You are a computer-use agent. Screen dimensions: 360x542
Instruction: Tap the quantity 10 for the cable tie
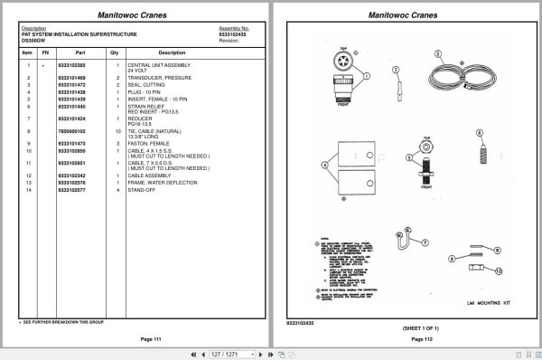point(117,131)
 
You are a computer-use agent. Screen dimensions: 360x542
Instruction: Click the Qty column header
point(115,52)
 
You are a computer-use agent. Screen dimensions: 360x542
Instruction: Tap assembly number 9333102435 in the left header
point(234,34)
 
